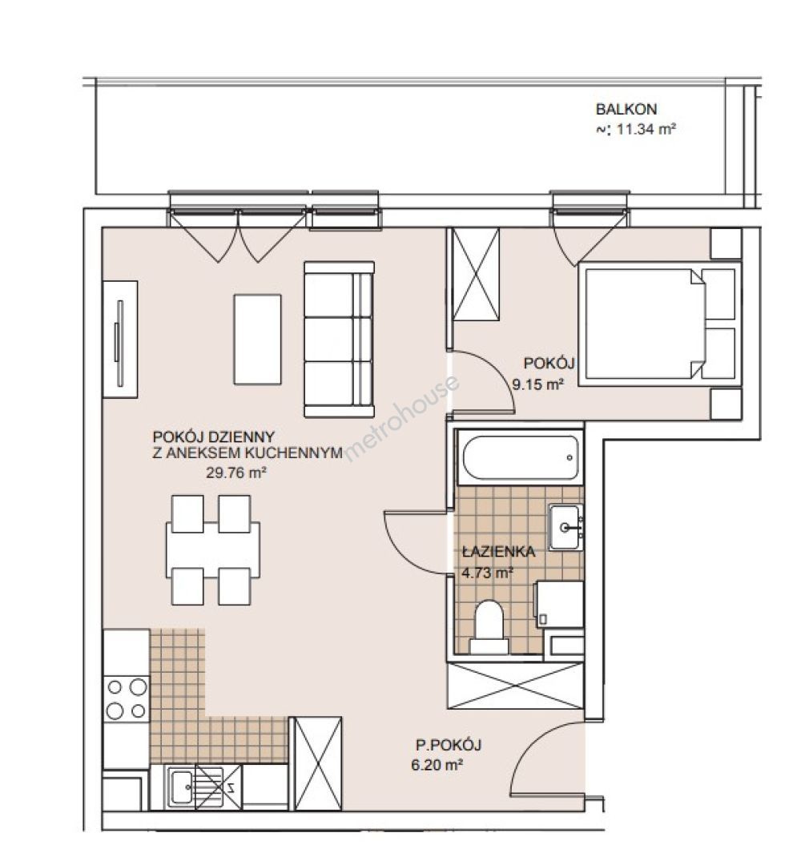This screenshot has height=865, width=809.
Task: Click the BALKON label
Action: [626, 109]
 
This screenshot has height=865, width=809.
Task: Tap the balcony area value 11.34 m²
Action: [646, 130]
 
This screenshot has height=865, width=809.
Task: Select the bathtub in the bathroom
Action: [521, 458]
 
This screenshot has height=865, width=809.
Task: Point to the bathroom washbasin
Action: [565, 527]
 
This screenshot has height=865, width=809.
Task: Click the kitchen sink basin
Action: [181, 787]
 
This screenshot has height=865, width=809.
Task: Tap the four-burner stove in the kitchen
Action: [127, 698]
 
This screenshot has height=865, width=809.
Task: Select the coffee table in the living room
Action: [257, 340]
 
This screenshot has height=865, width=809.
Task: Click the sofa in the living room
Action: [339, 340]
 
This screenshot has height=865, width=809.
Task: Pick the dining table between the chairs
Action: [213, 550]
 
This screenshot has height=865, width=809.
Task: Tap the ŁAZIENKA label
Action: [498, 552]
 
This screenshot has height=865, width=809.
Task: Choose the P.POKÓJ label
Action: [448, 746]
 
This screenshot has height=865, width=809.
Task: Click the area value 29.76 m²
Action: [236, 473]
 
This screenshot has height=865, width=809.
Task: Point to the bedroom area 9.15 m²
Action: [538, 384]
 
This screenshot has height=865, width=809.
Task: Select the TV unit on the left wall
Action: [120, 340]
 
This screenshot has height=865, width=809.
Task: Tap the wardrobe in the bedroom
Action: [476, 274]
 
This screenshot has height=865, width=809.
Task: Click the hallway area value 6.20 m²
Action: [437, 765]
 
